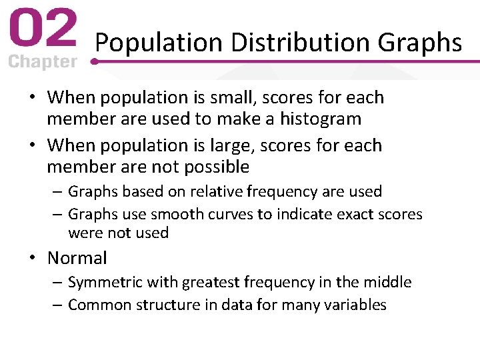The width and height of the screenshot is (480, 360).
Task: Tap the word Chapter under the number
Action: coord(42,62)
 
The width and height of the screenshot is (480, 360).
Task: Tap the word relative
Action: coord(217,192)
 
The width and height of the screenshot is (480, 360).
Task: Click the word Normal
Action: coord(77,258)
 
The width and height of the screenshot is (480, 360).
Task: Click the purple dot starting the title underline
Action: coord(94,61)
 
